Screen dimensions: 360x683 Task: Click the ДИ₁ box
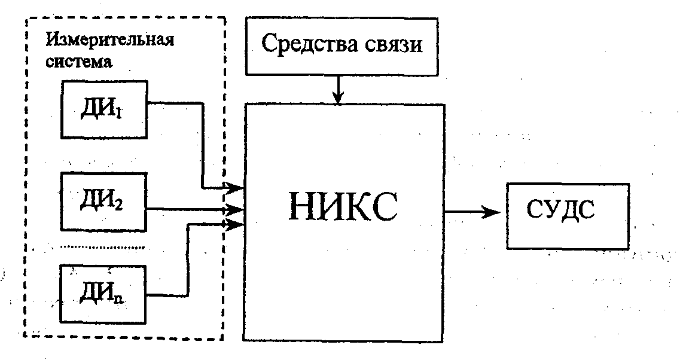click(x=103, y=109)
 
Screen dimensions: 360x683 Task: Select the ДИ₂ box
click(x=103, y=200)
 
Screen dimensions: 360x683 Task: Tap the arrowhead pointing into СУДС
click(x=492, y=212)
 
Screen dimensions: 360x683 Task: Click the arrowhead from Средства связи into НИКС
click(x=339, y=98)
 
